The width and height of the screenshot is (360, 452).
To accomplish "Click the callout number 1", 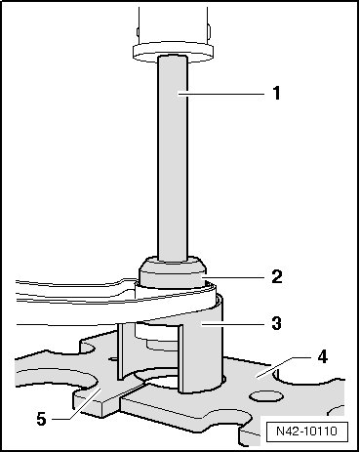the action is coord(276,93).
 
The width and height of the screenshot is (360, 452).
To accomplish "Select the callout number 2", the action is coord(277,277).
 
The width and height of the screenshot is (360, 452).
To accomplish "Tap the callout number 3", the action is coord(276,323).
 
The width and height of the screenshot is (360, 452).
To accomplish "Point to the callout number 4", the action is coord(322,357).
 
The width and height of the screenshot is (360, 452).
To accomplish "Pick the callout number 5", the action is coord(42,419).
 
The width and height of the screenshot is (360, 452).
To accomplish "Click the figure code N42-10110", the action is coord(306,431).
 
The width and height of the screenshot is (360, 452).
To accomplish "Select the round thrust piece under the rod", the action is coord(173,272).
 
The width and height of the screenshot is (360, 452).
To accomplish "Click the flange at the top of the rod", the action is coord(173,51).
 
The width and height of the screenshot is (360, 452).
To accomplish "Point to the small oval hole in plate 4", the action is coord(266,396).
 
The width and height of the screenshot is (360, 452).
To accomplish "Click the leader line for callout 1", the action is coord(220,94).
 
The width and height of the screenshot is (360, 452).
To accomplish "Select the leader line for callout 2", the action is coord(233,277).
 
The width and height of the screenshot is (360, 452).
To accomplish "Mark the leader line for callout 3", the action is coord(232,324).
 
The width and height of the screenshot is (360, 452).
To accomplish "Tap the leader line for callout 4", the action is coord(283,368).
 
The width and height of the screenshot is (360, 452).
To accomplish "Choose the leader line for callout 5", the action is coord(78,403).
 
